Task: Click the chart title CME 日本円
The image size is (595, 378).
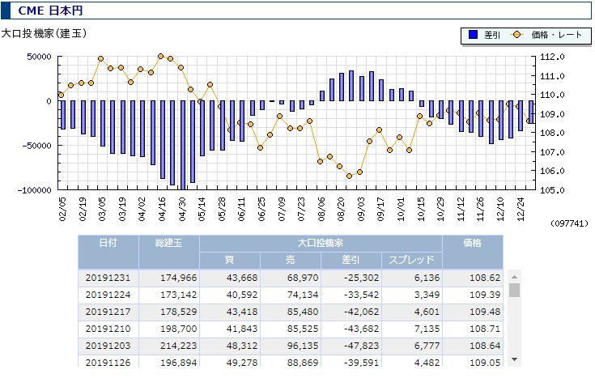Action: coord(50,11)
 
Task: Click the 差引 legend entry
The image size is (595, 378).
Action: coord(485,35)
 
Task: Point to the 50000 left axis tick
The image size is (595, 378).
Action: coord(39,57)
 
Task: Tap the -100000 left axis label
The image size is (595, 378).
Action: coord(34,190)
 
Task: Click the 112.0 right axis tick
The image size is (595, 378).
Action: coord(552,57)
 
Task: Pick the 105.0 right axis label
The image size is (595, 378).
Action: coord(552,190)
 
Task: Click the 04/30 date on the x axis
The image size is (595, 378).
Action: coord(182,209)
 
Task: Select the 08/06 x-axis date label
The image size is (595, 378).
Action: coord(322,209)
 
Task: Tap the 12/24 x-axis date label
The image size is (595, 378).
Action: coord(521,209)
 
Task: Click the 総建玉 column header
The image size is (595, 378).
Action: coord(169,243)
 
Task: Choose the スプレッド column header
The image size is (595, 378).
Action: coord(411,260)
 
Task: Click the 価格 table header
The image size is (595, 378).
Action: coord(473,243)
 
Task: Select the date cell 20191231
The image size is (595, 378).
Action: coord(108,278)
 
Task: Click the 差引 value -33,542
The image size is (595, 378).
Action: coord(361,295)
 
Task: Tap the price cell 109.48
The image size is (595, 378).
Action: coord(485,312)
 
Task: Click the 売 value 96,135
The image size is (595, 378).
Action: coord(303,346)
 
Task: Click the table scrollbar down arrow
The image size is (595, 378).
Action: coord(515,359)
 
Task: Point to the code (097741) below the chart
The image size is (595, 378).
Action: coord(569,223)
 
